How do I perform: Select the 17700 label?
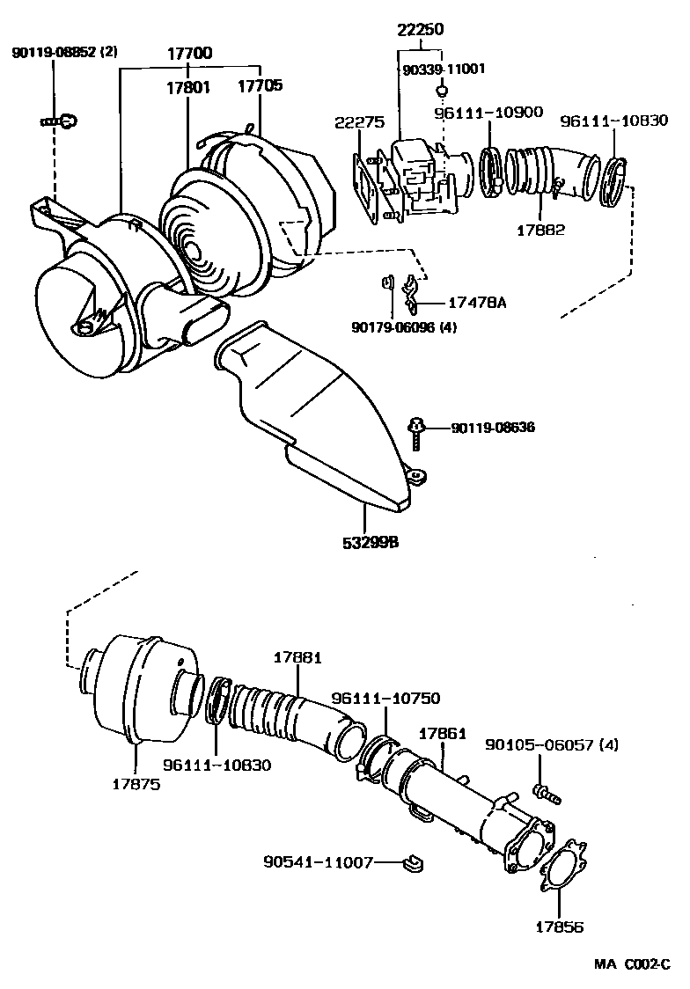coord(189,53)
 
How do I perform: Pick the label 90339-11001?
coord(444,69)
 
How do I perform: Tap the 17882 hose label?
coord(541,231)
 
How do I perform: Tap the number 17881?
coord(297,657)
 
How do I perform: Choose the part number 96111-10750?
coord(385,697)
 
